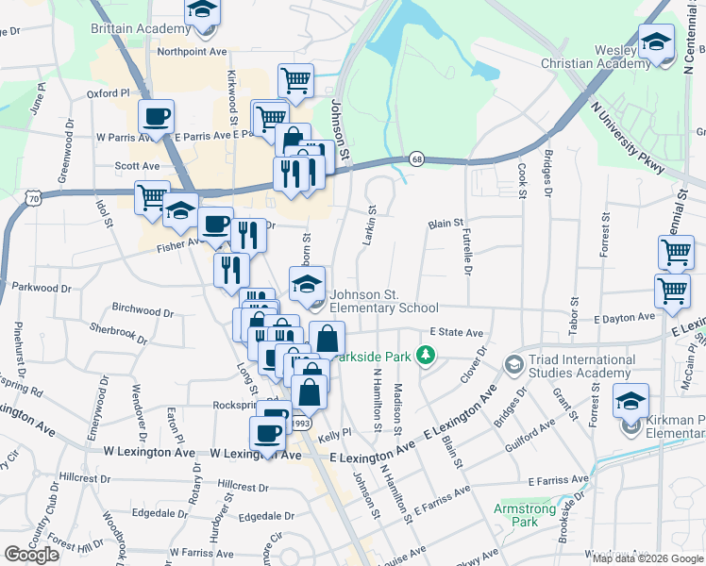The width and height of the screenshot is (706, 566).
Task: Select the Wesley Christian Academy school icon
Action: pyautogui.click(x=655, y=42)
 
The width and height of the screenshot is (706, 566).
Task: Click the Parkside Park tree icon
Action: pyautogui.click(x=427, y=355)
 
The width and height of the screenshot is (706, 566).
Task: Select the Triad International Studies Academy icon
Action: pyautogui.click(x=513, y=363)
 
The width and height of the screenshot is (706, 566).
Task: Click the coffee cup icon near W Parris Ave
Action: pyautogui.click(x=157, y=117)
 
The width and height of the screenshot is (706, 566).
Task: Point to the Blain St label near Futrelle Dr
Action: pyautogui.click(x=445, y=224)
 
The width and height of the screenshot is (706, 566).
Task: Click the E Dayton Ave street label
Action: pyautogui.click(x=624, y=319)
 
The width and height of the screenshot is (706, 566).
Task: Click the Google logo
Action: pyautogui.click(x=31, y=555)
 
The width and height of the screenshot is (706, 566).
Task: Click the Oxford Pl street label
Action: pyautogui.click(x=108, y=93)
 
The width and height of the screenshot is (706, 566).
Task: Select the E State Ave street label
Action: pyautogui.click(x=456, y=332)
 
